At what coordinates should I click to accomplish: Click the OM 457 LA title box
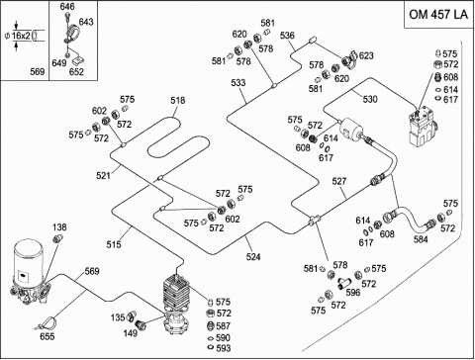(438, 15)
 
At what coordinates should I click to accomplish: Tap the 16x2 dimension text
(21, 36)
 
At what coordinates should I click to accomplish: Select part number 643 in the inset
(86, 22)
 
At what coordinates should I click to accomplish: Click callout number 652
(76, 71)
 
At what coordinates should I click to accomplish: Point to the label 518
(178, 100)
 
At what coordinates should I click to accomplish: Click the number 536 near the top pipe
(287, 36)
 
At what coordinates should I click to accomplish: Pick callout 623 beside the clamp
(366, 55)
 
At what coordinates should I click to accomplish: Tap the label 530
(370, 99)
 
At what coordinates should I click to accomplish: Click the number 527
(339, 181)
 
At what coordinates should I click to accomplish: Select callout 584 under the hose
(421, 239)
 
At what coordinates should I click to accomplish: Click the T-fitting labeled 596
(344, 283)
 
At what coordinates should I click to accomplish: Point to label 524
(253, 256)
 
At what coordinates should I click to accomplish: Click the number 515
(114, 244)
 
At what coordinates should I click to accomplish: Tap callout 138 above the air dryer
(59, 227)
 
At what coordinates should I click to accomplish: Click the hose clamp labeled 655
(46, 323)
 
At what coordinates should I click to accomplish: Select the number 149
(131, 333)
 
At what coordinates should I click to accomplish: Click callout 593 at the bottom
(224, 348)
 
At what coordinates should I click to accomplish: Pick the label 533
(238, 82)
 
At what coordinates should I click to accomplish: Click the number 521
(103, 175)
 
